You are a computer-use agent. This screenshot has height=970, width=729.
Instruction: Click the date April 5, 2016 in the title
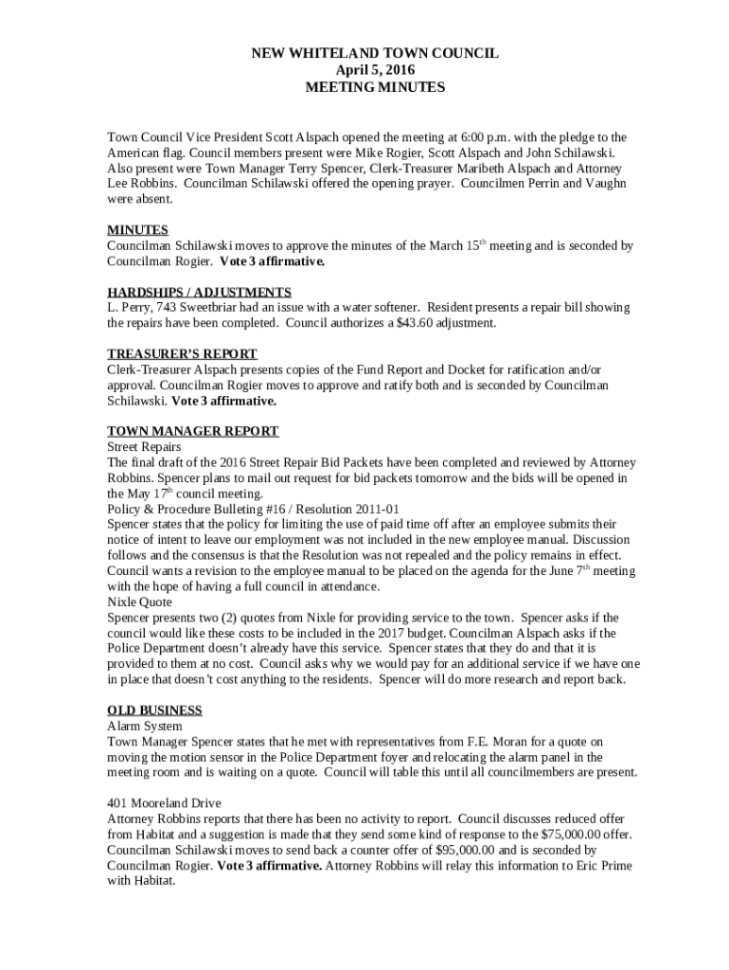coord(375,70)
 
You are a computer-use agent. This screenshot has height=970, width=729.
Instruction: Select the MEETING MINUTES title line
coord(375,86)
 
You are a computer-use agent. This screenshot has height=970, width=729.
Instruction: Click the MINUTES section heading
coord(137,230)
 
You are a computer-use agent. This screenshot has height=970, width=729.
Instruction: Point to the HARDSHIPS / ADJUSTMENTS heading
coord(199,292)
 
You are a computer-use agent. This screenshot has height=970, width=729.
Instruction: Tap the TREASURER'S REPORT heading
coord(182,354)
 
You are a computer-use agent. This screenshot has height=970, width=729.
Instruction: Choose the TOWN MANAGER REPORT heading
coord(192,431)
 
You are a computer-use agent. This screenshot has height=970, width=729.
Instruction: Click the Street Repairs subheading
coord(144,446)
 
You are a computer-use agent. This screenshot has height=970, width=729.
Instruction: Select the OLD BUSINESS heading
coord(154,710)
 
